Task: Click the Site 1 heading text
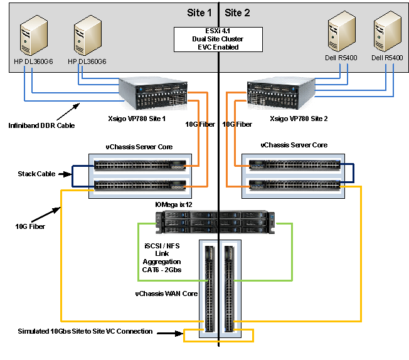(x=199, y=13)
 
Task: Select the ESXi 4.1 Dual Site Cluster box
(x=217, y=39)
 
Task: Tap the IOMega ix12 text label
(x=162, y=204)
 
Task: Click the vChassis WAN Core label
(x=165, y=292)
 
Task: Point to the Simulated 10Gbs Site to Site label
(x=85, y=331)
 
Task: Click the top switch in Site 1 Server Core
(x=140, y=166)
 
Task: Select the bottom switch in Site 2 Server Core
(x=294, y=184)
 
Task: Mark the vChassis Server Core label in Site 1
(x=139, y=146)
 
